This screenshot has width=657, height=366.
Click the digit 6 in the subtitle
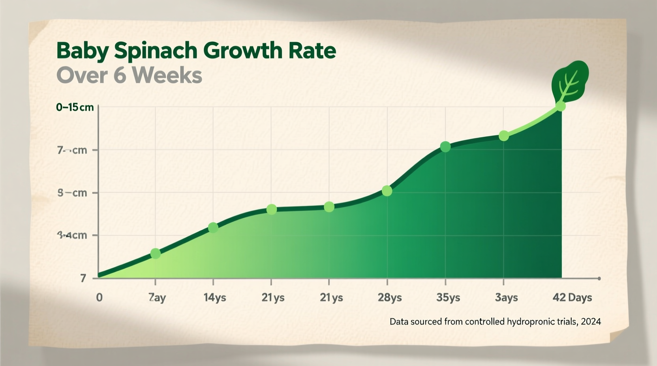(x=120, y=75)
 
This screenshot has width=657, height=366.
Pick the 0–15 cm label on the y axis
(x=75, y=107)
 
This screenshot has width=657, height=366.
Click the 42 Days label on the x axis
(x=572, y=297)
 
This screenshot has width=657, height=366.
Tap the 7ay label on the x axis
(x=157, y=297)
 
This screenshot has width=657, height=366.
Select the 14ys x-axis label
(x=215, y=297)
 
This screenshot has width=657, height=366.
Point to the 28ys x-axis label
(x=390, y=297)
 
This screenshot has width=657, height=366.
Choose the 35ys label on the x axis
(x=448, y=297)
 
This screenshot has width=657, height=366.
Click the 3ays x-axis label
(x=506, y=297)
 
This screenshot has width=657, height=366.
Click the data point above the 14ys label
(x=213, y=228)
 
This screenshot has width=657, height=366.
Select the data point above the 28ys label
(x=387, y=191)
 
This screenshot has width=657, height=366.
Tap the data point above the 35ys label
(x=445, y=147)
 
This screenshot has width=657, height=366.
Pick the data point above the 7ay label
(x=156, y=254)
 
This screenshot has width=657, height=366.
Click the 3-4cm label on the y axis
(x=72, y=235)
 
